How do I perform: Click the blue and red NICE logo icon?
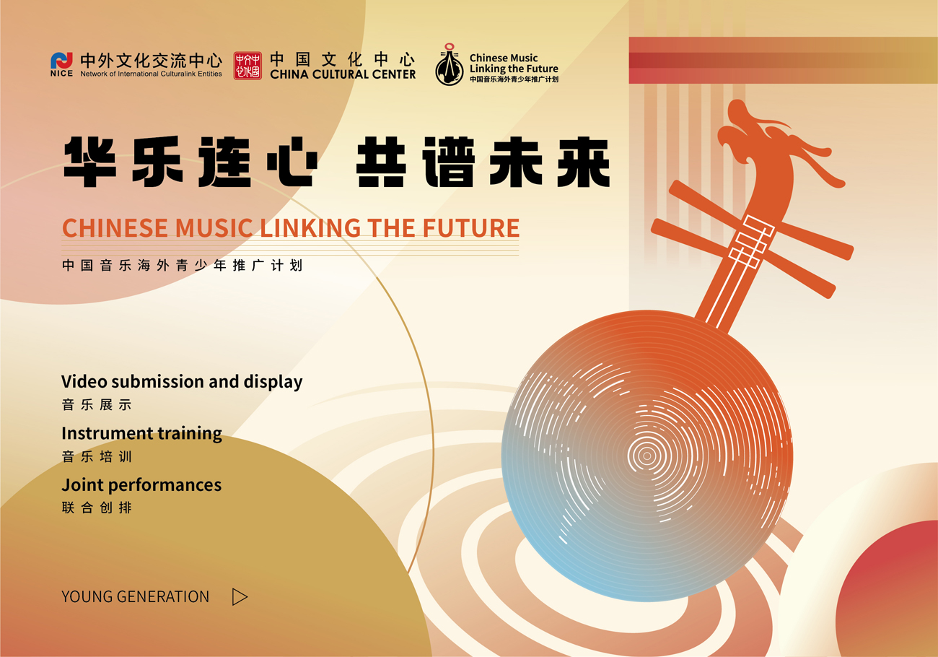(x=61, y=61)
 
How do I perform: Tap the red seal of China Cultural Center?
(x=247, y=66)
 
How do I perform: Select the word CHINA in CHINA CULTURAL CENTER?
(x=289, y=74)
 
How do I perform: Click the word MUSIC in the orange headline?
(x=214, y=228)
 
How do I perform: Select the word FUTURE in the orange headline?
(x=471, y=228)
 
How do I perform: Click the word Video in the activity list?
(x=84, y=381)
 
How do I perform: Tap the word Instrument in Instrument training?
(x=108, y=433)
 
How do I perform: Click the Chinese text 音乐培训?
(x=97, y=456)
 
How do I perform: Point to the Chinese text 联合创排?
(x=97, y=508)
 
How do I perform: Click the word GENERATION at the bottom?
(x=163, y=596)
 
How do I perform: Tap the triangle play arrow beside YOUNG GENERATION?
(x=240, y=596)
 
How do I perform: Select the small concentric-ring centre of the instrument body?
(x=646, y=456)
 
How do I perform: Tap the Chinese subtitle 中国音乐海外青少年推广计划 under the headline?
(x=182, y=265)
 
